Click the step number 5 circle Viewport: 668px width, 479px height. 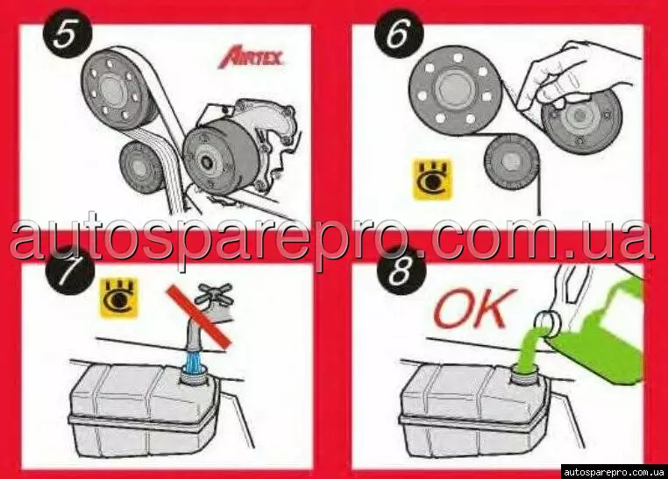coord(68,36)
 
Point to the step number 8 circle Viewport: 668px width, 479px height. coord(402,271)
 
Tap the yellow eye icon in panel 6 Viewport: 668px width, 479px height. coord(432,180)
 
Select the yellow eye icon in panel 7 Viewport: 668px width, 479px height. coord(119,298)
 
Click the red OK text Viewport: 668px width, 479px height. coord(475,307)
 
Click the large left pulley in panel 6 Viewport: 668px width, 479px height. coord(454,90)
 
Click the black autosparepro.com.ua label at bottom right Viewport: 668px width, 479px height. coord(614,472)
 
